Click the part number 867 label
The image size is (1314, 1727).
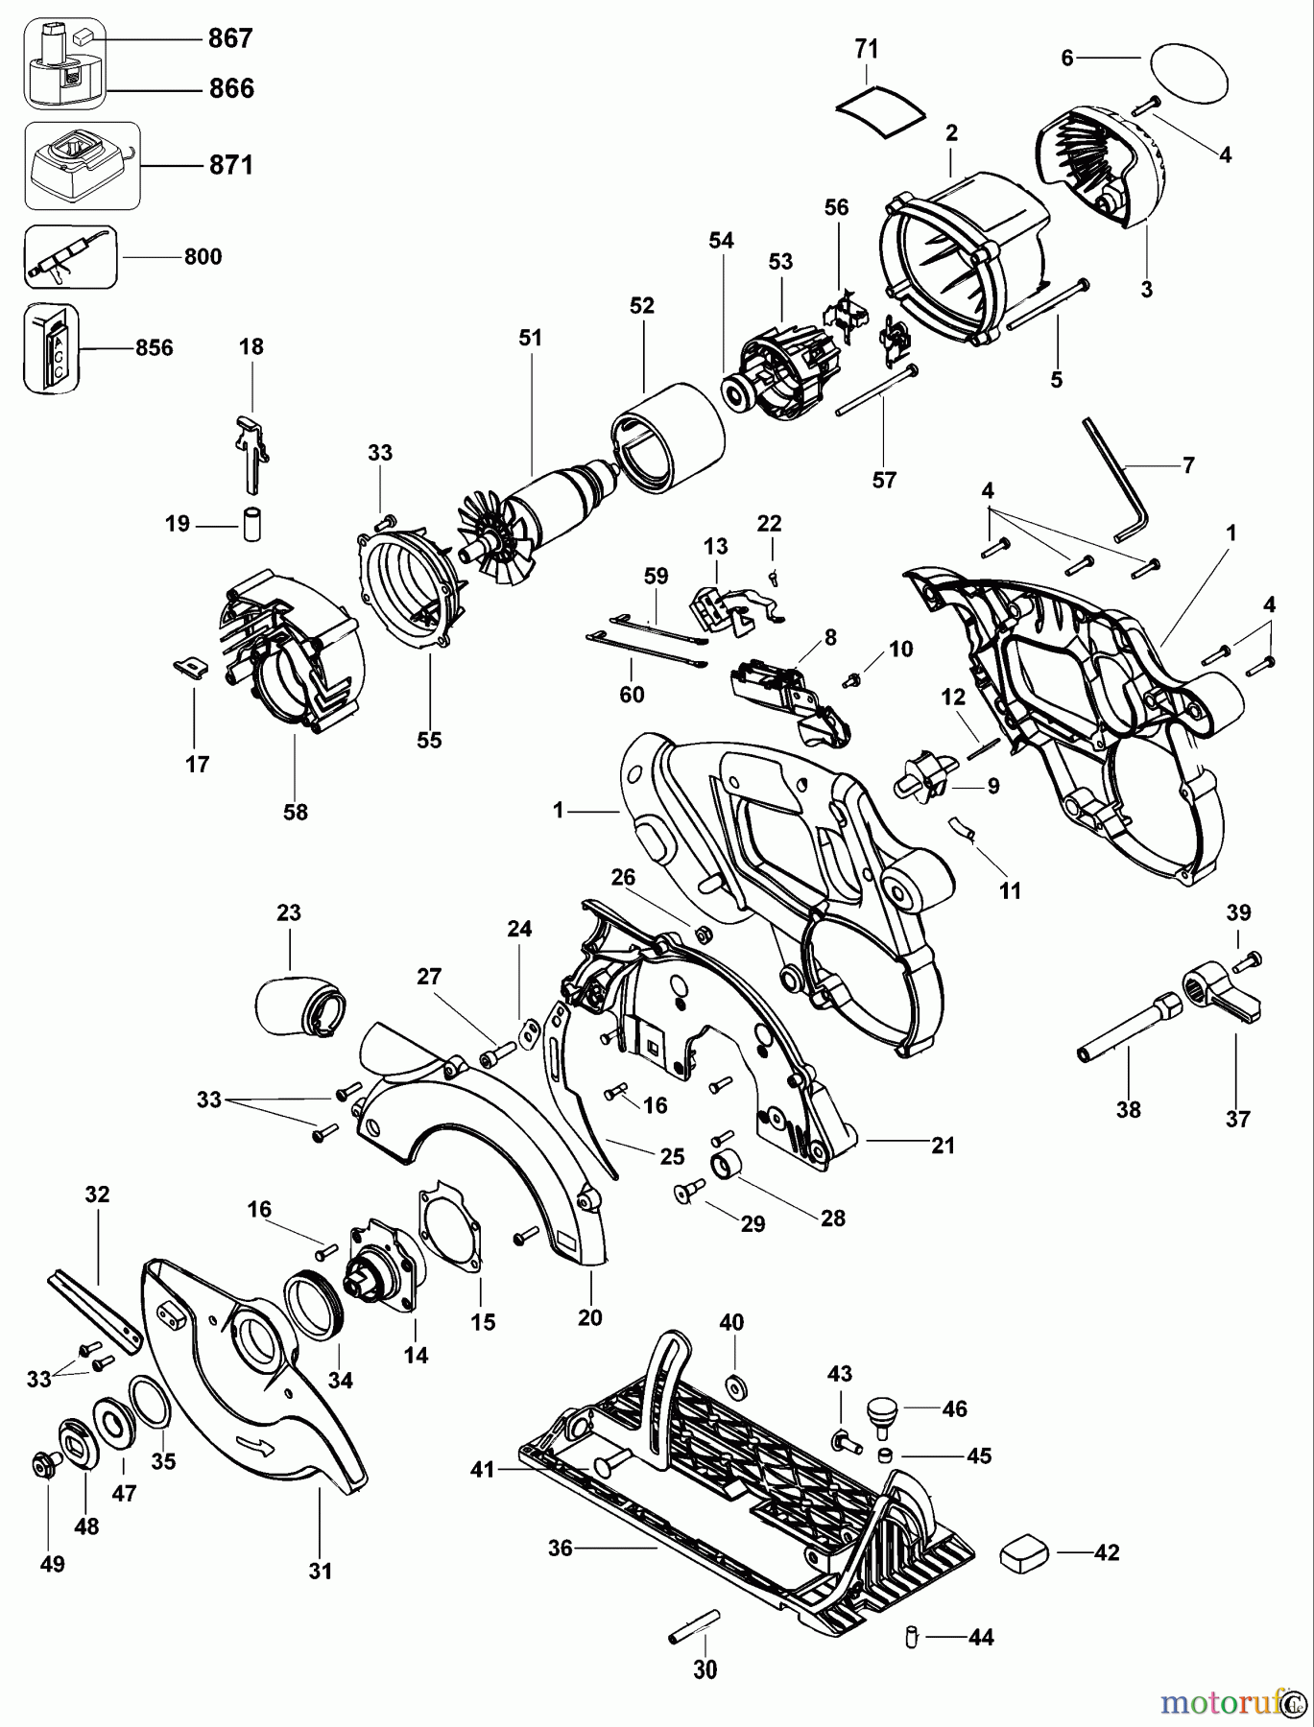[x=229, y=38]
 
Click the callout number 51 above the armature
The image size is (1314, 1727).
[x=530, y=338]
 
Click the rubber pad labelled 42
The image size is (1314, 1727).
[x=1026, y=1552]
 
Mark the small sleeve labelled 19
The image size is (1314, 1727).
[x=252, y=525]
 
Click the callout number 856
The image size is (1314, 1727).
[x=154, y=347]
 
